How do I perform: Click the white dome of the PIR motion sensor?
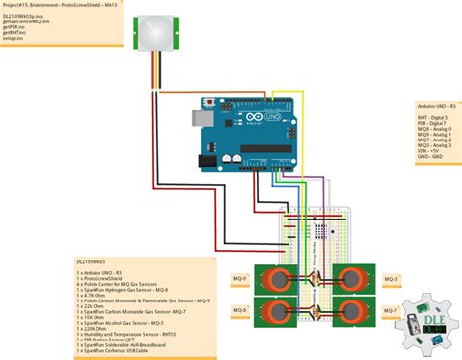(x=153, y=30)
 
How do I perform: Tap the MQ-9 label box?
(x=239, y=279)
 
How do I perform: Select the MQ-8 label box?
(x=239, y=311)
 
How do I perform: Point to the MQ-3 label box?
(x=391, y=279)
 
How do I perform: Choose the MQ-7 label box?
(x=391, y=311)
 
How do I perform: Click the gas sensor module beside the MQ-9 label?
(x=279, y=281)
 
